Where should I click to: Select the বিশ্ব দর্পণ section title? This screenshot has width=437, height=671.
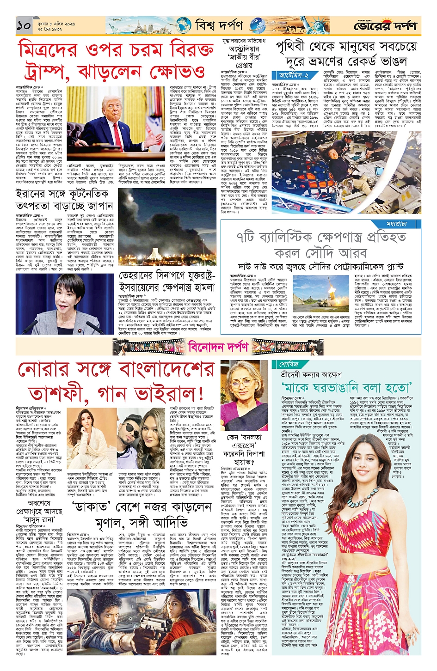click(x=218, y=24)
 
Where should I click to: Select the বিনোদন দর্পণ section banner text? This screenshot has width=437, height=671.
click(x=218, y=347)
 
